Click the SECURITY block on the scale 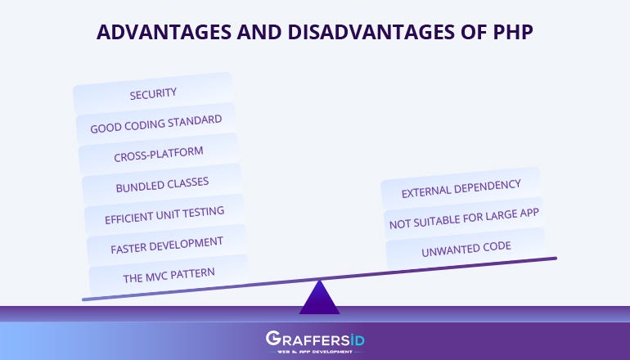pos(153,93)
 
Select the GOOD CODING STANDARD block pos(156,124)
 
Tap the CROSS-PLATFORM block pos(159,155)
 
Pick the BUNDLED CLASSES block pos(162,185)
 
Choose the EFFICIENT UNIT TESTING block pos(164,215)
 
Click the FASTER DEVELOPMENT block pos(167,245)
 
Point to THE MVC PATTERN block pos(169,275)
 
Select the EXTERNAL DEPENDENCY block pos(461,188)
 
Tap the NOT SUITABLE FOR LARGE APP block pos(464,219)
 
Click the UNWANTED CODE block pos(466,249)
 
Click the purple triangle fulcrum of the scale pos(319,299)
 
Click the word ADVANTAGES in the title pos(164,32)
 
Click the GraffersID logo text pos(315,339)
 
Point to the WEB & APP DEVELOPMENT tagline pos(315,352)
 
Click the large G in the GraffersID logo pos(273,338)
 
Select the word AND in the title pos(259,32)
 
